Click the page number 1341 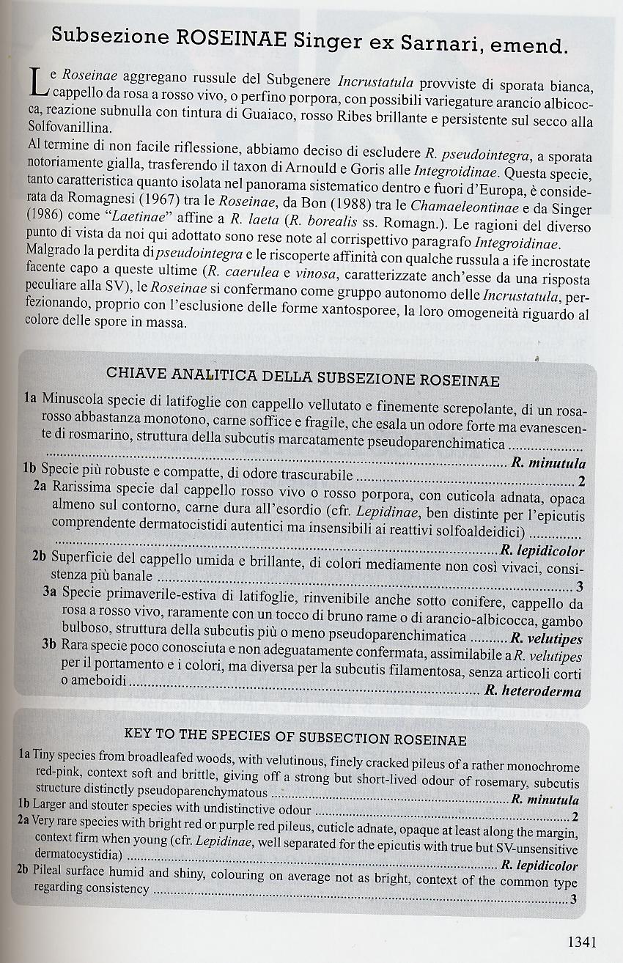584,942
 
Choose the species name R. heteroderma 542,691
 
